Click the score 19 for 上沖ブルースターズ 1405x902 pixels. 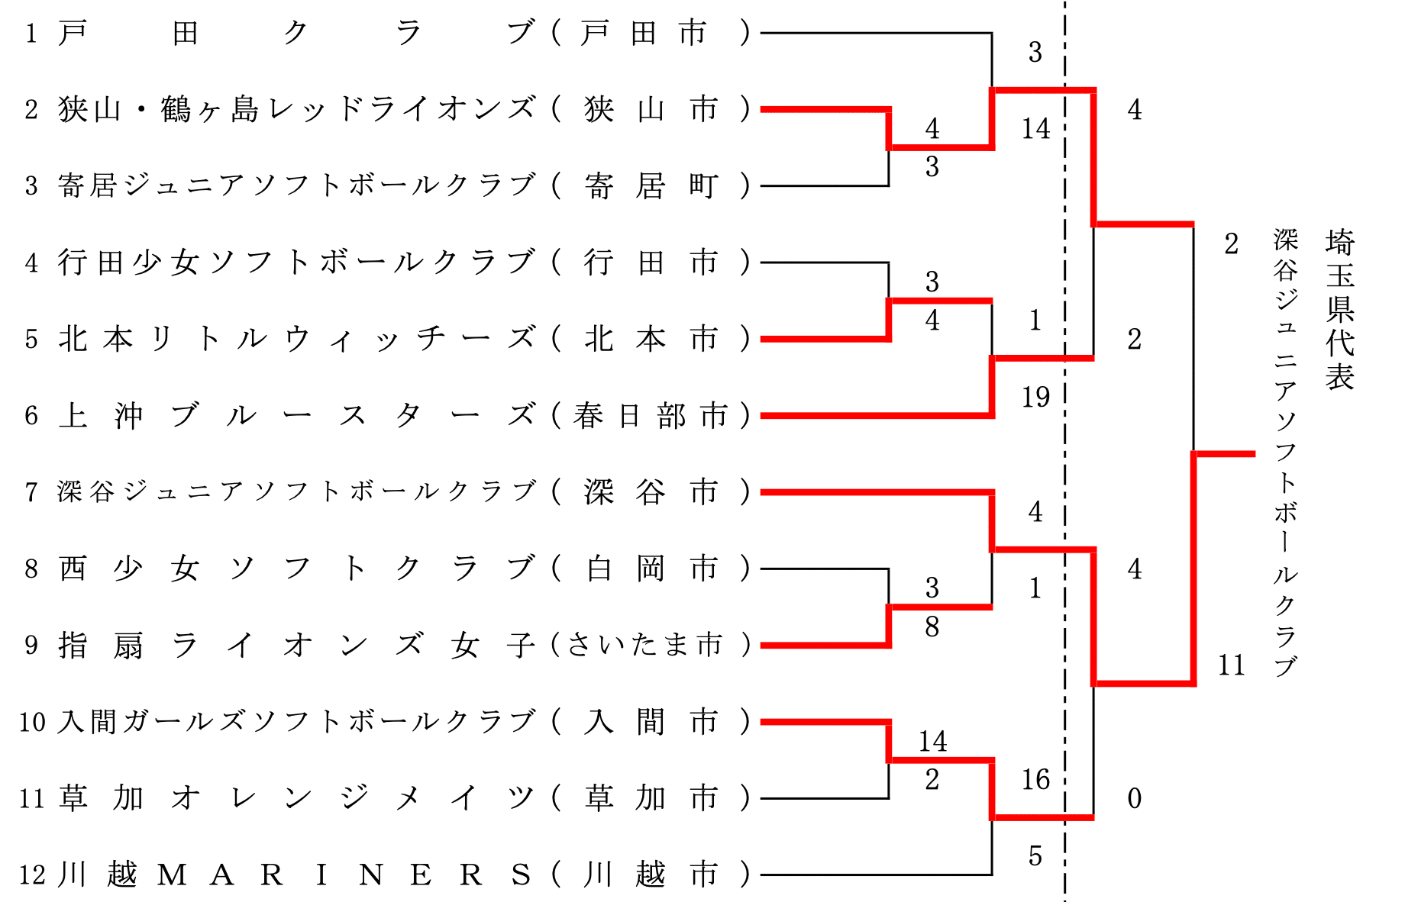pyautogui.click(x=1035, y=397)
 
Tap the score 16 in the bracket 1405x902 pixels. pyautogui.click(x=1035, y=779)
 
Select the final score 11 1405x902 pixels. pyautogui.click(x=1231, y=665)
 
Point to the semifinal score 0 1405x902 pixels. pyautogui.click(x=1135, y=798)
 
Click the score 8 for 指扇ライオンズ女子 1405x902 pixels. pyautogui.click(x=932, y=627)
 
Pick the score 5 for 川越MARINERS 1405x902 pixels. pyautogui.click(x=1035, y=855)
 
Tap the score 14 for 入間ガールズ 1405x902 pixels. pyautogui.click(x=932, y=741)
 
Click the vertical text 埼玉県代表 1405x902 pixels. pyautogui.click(x=1340, y=309)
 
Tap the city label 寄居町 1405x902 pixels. pyautogui.click(x=651, y=186)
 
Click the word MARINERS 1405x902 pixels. pyautogui.click(x=344, y=875)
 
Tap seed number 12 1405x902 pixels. pyautogui.click(x=32, y=875)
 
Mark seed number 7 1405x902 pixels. pyautogui.click(x=31, y=492)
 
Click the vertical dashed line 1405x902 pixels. pyautogui.click(x=1064, y=458)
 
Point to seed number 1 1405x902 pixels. pyautogui.click(x=31, y=34)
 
